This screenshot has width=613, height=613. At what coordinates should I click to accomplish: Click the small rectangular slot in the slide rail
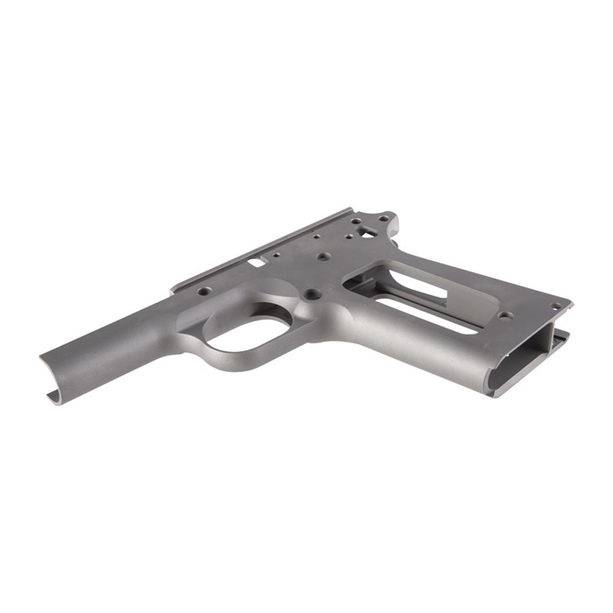[x=257, y=260]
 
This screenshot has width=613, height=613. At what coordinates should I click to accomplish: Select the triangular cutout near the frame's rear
[x=368, y=232]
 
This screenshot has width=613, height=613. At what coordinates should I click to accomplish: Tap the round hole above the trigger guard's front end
[x=203, y=291]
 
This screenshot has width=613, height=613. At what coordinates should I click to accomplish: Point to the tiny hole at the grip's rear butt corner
[x=555, y=306]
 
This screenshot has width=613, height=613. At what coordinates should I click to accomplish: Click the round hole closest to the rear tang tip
[x=382, y=217]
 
